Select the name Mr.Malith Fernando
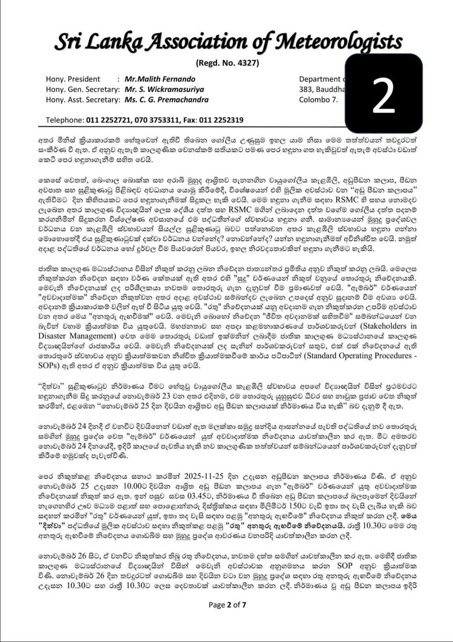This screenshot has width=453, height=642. [x=160, y=79]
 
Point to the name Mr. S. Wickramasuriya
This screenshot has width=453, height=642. [x=164, y=89]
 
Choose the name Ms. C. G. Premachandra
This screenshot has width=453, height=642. [x=166, y=100]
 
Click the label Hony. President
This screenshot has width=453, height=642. [x=73, y=79]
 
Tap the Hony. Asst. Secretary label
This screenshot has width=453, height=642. [x=82, y=100]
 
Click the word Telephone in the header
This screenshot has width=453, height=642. [x=65, y=120]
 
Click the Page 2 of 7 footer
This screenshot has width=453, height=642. [x=227, y=605]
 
